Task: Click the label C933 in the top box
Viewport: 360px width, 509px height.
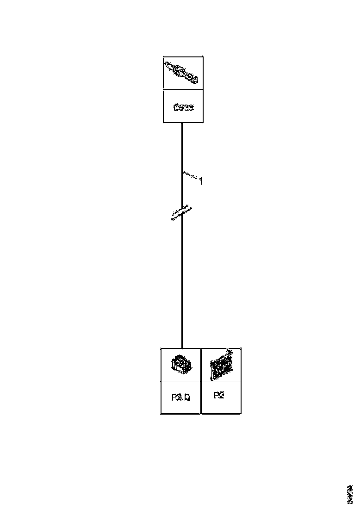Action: [183, 108]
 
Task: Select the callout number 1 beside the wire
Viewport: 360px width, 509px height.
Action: [200, 181]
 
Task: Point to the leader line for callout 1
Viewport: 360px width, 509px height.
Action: [190, 176]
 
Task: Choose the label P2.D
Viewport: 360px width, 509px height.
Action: [180, 397]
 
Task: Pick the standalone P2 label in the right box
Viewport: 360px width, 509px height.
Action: [219, 396]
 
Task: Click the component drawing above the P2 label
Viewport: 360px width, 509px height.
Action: [222, 365]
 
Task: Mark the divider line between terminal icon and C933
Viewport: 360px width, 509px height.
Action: [183, 91]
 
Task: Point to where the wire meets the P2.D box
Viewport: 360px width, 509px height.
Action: [182, 348]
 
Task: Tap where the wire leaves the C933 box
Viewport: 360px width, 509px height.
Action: [182, 123]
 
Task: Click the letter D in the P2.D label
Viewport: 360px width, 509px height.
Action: [187, 397]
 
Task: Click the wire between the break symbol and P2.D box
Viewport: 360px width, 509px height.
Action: [182, 282]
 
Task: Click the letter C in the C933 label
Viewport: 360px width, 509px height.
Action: [176, 108]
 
